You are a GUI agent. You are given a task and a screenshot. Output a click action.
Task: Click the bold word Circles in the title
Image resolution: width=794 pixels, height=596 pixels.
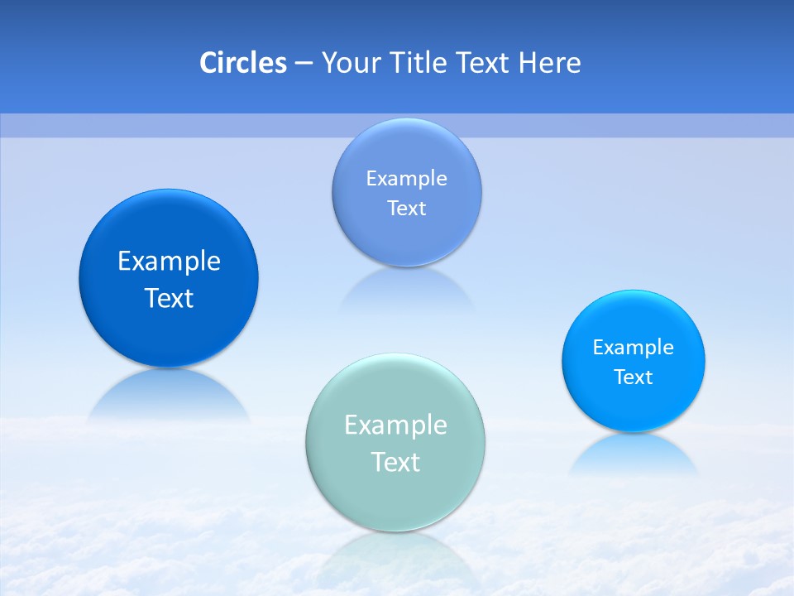point(242,63)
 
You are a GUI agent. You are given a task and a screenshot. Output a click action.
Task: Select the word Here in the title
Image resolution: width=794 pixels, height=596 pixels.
point(550,63)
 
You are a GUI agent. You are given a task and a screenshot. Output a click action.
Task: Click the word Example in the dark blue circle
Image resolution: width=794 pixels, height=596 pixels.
point(169,262)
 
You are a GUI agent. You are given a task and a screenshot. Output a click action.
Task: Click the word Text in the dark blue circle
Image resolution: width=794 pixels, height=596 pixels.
point(169,298)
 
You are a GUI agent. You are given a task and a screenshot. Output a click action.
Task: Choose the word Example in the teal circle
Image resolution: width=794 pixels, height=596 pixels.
point(395,425)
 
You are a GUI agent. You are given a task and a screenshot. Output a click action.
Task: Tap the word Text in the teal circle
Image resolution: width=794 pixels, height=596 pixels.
point(395,462)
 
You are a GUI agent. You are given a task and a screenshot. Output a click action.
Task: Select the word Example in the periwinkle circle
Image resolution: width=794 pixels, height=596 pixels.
point(406,178)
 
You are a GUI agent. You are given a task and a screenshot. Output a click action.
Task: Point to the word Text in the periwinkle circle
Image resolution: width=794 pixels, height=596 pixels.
point(406,208)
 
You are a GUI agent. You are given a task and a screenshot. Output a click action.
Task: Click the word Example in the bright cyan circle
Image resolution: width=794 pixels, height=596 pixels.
point(634,347)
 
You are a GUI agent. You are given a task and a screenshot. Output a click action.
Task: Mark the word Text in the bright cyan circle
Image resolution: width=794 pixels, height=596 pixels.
point(634,377)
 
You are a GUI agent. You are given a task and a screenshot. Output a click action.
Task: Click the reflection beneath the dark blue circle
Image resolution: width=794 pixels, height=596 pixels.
point(169,396)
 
